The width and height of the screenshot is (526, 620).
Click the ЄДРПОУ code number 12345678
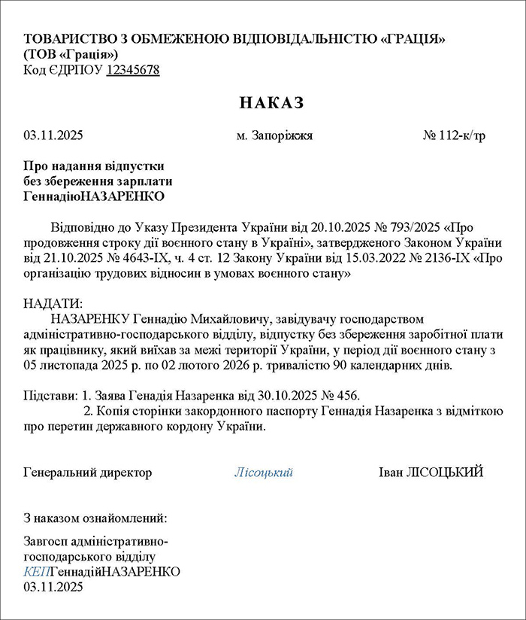click(x=133, y=70)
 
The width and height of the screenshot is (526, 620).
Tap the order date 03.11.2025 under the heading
click(x=53, y=136)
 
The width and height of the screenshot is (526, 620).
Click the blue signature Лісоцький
click(x=263, y=473)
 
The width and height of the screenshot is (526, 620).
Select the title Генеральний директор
click(x=88, y=473)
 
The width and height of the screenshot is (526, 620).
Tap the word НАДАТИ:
click(x=52, y=303)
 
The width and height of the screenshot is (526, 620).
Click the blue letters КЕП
click(x=35, y=572)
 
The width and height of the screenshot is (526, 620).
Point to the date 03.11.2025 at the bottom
click(x=53, y=586)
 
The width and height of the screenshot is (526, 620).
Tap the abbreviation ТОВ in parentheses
click(x=41, y=54)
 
